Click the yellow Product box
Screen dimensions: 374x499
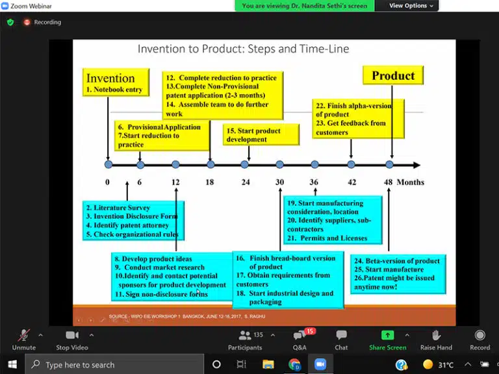click(393, 75)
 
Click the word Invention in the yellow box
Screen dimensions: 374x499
click(110, 78)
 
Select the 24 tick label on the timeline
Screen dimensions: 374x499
click(245, 182)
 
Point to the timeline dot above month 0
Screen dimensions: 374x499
click(109, 164)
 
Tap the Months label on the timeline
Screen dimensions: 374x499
click(410, 182)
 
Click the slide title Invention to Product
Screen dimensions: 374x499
click(243, 49)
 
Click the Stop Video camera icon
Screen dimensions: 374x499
click(71, 335)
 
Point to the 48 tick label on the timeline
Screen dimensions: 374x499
click(388, 182)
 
